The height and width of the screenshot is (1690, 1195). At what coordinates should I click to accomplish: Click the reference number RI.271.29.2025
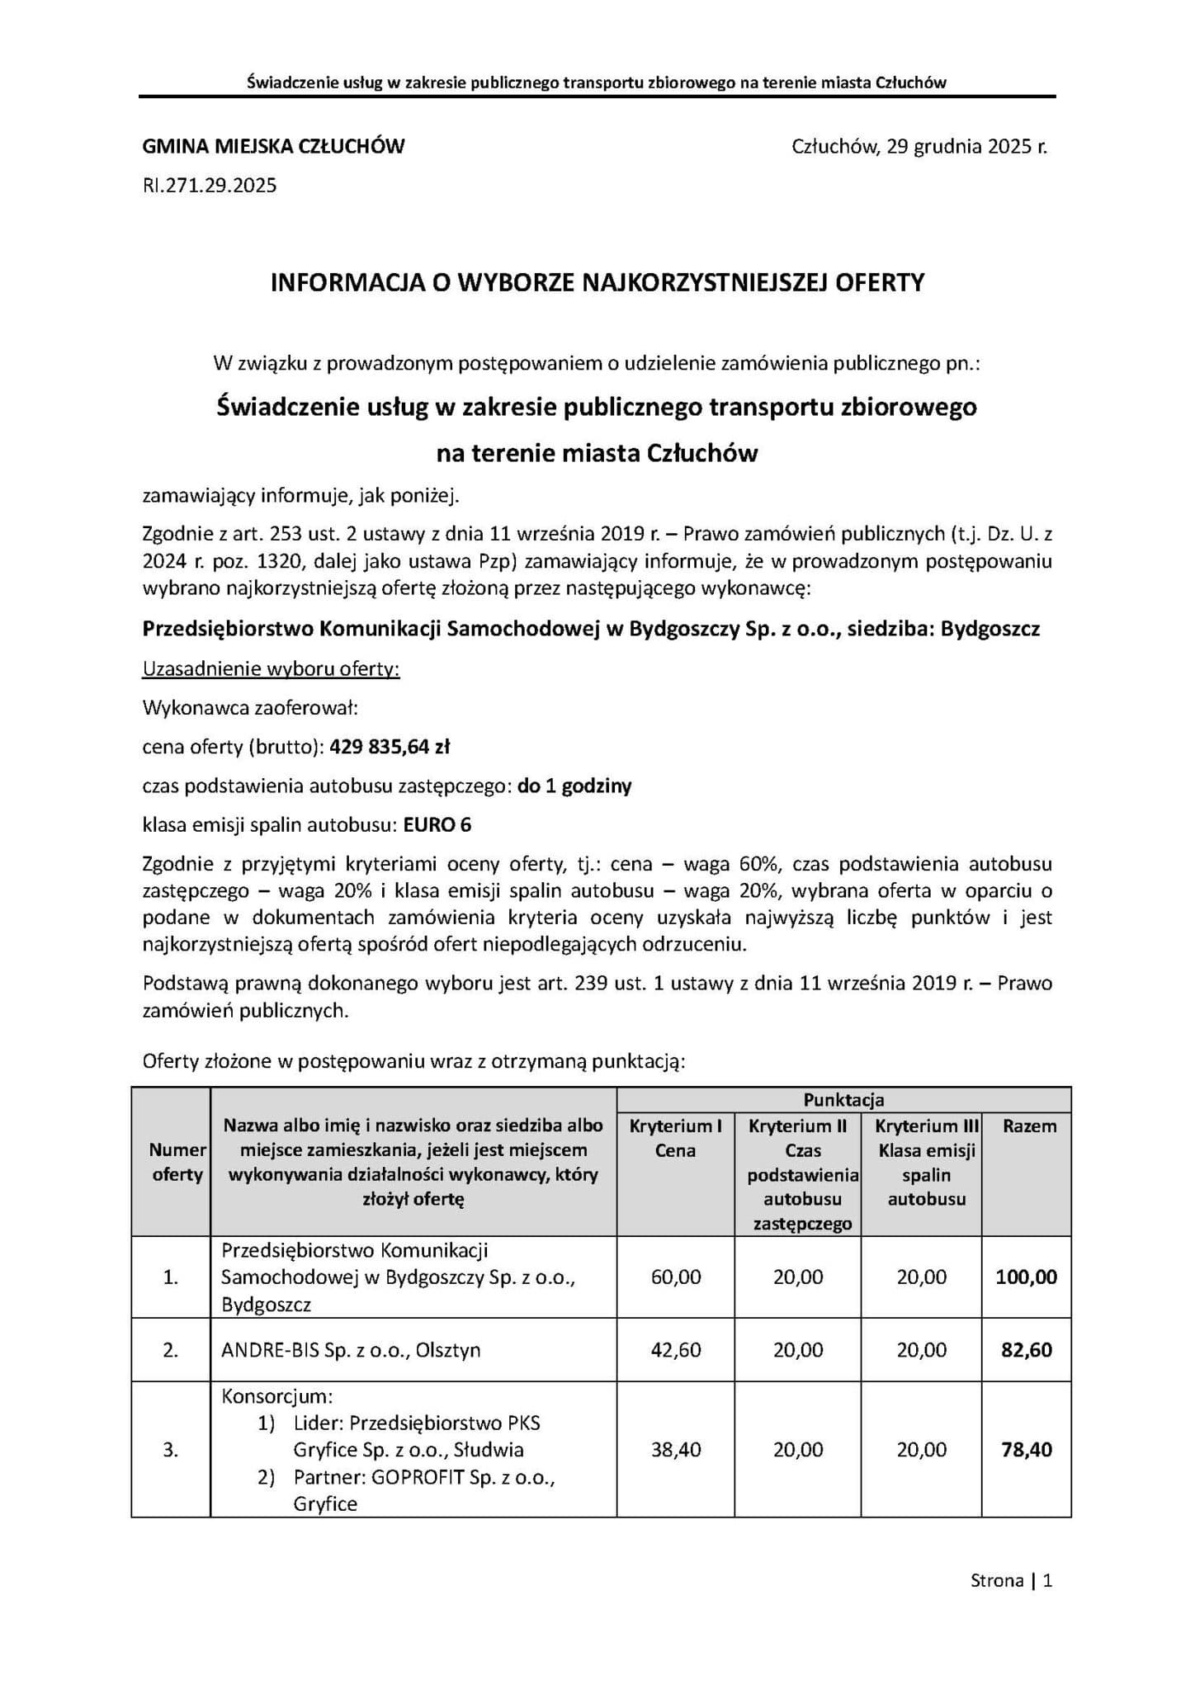210,186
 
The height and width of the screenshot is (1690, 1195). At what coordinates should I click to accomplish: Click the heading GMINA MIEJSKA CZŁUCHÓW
274,147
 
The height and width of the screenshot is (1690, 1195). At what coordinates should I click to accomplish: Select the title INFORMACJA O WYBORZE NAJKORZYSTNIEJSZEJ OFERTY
597,283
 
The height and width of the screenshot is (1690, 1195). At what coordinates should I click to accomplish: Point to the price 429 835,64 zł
390,747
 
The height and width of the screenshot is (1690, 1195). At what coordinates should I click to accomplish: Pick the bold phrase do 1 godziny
574,786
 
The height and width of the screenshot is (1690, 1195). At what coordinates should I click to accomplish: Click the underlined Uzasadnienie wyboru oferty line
271,668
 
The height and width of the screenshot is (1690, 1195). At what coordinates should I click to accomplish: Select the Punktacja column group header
843,1100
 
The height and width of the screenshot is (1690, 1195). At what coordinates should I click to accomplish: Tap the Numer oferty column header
177,1162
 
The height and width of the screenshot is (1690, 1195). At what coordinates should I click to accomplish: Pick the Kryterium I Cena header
675,1138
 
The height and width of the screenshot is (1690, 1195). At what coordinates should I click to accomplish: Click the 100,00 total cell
1026,1277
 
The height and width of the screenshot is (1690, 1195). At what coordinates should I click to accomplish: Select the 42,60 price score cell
676,1350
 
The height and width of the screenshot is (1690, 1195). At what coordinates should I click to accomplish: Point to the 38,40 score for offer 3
676,1449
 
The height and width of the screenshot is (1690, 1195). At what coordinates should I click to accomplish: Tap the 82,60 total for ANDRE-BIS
1027,1350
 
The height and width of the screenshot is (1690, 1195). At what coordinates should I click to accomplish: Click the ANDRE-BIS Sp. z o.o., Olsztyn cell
351,1350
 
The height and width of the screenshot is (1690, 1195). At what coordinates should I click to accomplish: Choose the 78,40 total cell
1027,1449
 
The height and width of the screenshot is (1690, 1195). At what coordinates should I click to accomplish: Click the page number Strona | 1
1011,1581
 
